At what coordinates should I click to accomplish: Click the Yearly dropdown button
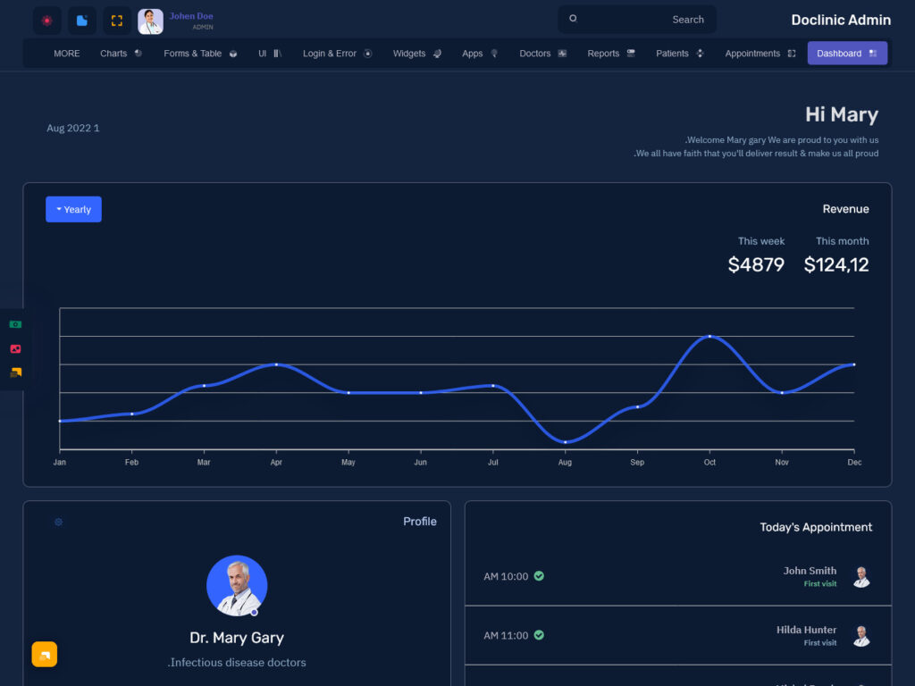pyautogui.click(x=73, y=209)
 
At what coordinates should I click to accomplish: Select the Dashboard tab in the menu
pyautogui.click(x=846, y=54)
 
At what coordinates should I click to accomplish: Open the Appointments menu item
pyautogui.click(x=760, y=54)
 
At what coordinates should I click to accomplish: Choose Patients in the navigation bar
pyautogui.click(x=679, y=54)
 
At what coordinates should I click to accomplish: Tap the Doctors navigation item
pyautogui.click(x=542, y=54)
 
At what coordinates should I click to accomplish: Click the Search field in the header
pyautogui.click(x=637, y=20)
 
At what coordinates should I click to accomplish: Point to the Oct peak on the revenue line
pyautogui.click(x=709, y=336)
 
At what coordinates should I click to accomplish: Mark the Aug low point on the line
pyautogui.click(x=565, y=442)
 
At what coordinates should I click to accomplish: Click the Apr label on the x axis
pyautogui.click(x=276, y=463)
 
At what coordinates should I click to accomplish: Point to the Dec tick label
pyautogui.click(x=854, y=463)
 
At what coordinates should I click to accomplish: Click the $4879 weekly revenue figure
pyautogui.click(x=756, y=264)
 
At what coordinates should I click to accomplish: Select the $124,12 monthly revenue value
pyautogui.click(x=836, y=264)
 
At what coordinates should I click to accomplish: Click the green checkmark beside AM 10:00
pyautogui.click(x=539, y=576)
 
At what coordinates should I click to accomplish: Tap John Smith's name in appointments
pyautogui.click(x=810, y=571)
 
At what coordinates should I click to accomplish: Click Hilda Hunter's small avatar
pyautogui.click(x=860, y=636)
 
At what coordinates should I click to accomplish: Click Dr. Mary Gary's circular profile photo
pyautogui.click(x=237, y=586)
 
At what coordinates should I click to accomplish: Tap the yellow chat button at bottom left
pyautogui.click(x=45, y=655)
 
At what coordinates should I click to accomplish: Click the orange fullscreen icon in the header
pyautogui.click(x=117, y=21)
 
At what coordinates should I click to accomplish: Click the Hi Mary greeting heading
pyautogui.click(x=841, y=114)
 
